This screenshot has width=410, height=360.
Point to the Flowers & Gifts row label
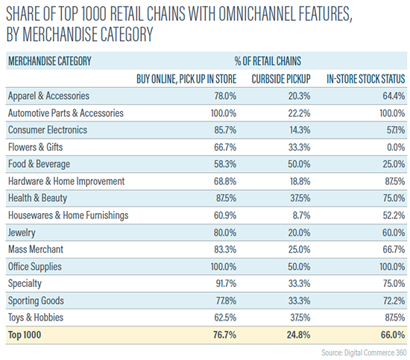point(36,145)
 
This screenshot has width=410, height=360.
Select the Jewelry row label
point(22,232)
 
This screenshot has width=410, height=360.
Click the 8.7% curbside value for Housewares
point(303,215)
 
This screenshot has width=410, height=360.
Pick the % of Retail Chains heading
point(269,60)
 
